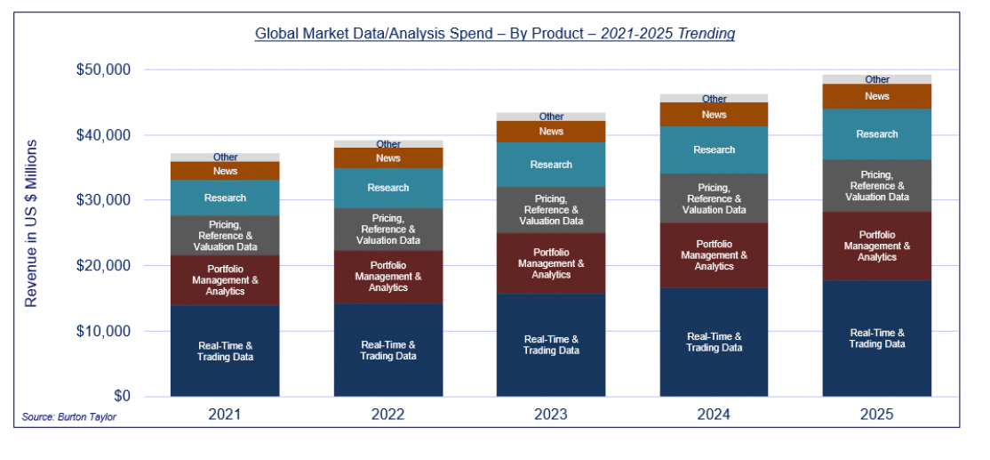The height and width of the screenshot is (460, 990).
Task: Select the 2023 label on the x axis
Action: click(551, 415)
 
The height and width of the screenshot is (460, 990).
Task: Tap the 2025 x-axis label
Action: click(876, 415)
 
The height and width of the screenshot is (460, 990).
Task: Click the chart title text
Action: click(494, 34)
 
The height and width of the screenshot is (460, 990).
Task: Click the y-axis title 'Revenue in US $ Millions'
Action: click(31, 223)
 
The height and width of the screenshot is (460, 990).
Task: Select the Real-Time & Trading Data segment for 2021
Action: click(225, 351)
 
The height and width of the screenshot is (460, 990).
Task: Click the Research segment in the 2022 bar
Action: click(388, 188)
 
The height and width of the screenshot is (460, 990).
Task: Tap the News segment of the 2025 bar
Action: click(877, 96)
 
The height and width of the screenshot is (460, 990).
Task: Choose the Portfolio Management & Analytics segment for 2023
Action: click(551, 263)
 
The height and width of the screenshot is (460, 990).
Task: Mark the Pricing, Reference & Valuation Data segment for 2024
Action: click(715, 198)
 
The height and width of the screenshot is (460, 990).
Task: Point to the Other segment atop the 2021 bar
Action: click(225, 157)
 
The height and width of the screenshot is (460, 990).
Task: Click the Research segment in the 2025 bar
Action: click(877, 134)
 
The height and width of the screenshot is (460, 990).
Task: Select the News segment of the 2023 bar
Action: click(551, 132)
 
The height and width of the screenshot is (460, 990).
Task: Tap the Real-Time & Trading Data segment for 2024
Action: click(715, 342)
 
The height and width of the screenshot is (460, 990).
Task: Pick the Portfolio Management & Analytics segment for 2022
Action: click(388, 277)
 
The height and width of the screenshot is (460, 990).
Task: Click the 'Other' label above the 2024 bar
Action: click(715, 99)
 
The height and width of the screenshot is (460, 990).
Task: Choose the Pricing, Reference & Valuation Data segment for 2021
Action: click(225, 236)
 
